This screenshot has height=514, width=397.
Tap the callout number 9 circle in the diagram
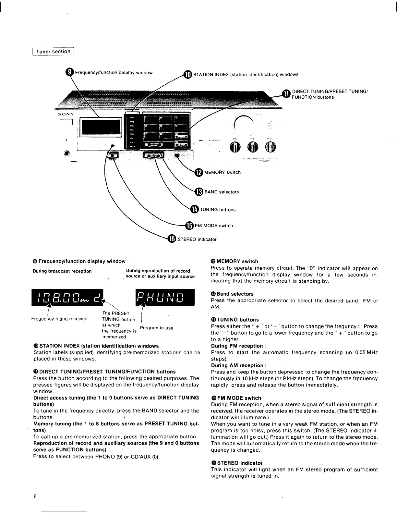click(x=70, y=72)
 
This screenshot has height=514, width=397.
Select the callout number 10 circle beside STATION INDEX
click(x=188, y=74)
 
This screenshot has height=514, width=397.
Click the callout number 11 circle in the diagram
click(x=286, y=94)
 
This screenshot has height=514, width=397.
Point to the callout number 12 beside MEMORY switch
click(x=199, y=172)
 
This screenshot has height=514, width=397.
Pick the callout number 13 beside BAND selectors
click(x=199, y=192)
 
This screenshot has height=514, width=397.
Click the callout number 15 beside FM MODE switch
click(x=189, y=226)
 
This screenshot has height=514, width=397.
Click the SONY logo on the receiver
click(x=66, y=114)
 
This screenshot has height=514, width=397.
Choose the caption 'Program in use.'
click(x=157, y=328)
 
